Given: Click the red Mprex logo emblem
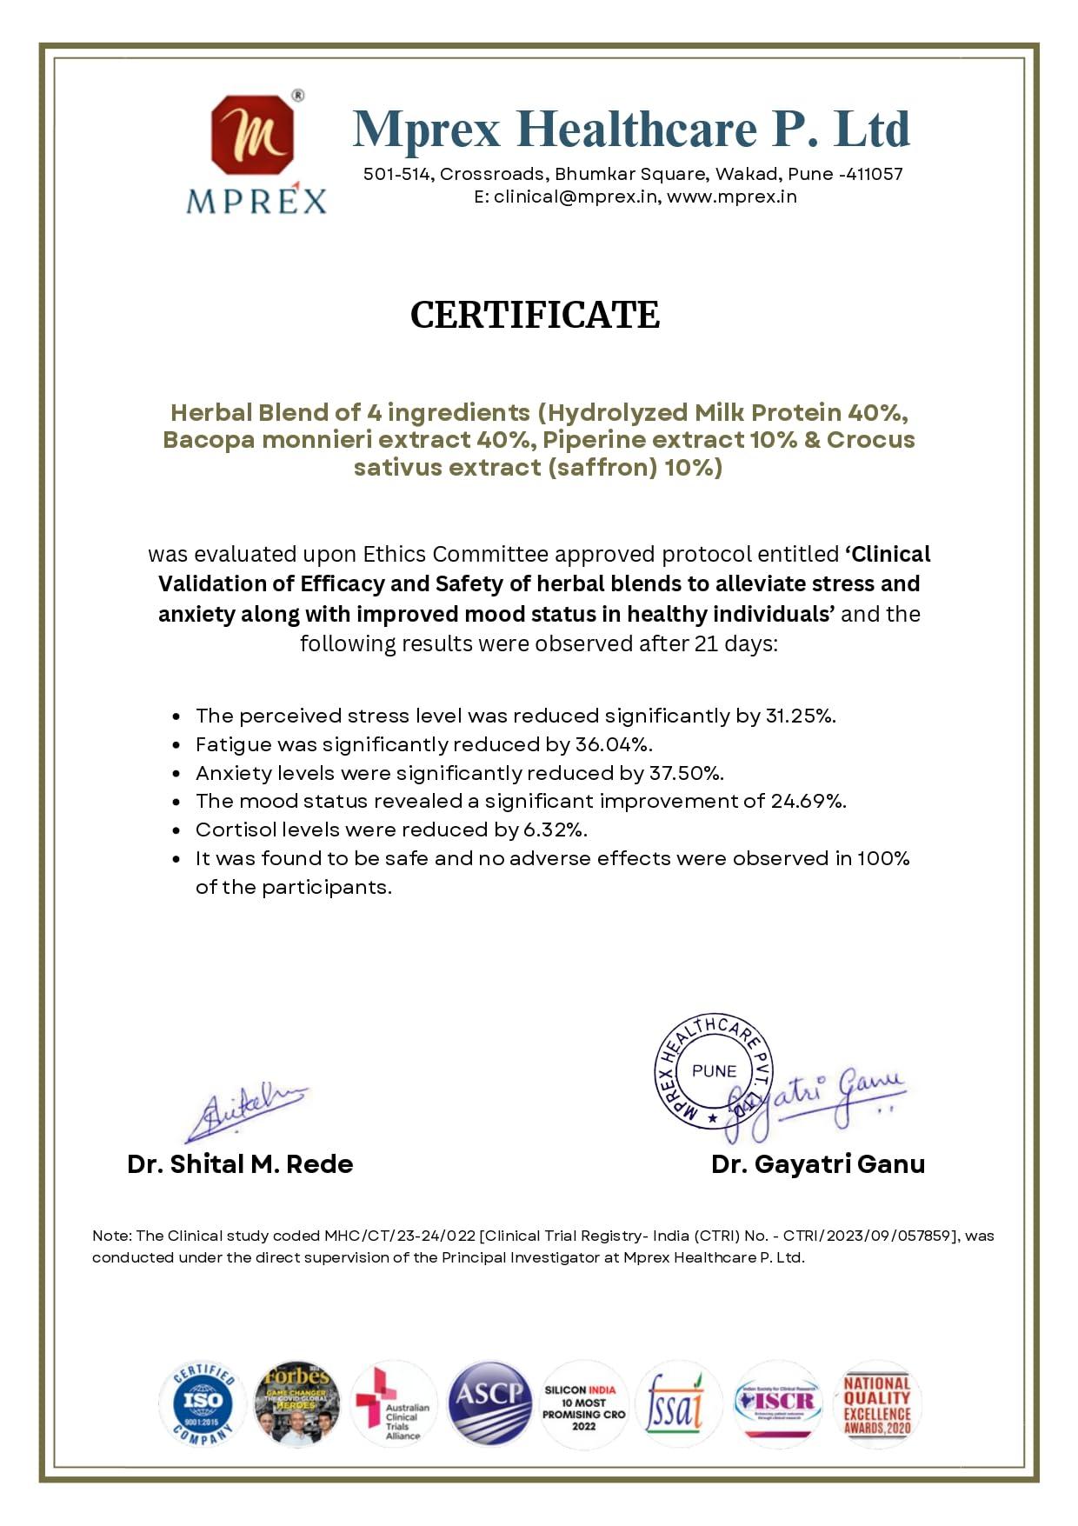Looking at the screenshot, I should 253,135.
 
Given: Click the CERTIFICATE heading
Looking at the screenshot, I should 535,315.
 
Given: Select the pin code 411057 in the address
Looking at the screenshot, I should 874,174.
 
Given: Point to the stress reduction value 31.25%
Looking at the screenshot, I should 800,716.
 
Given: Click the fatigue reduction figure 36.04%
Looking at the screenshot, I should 613,744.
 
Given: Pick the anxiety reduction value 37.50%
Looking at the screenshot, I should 686,773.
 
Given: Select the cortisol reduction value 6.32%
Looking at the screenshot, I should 555,830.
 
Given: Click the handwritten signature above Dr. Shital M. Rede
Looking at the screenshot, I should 243,1113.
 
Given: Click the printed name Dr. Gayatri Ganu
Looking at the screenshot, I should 817,1164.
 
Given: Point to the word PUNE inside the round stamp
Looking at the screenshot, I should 714,1071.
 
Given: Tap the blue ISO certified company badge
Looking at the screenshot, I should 202,1403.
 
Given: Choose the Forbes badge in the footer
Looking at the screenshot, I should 296,1403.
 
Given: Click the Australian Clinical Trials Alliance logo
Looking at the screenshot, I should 393,1404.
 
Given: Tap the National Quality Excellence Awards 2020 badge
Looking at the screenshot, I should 876,1404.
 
